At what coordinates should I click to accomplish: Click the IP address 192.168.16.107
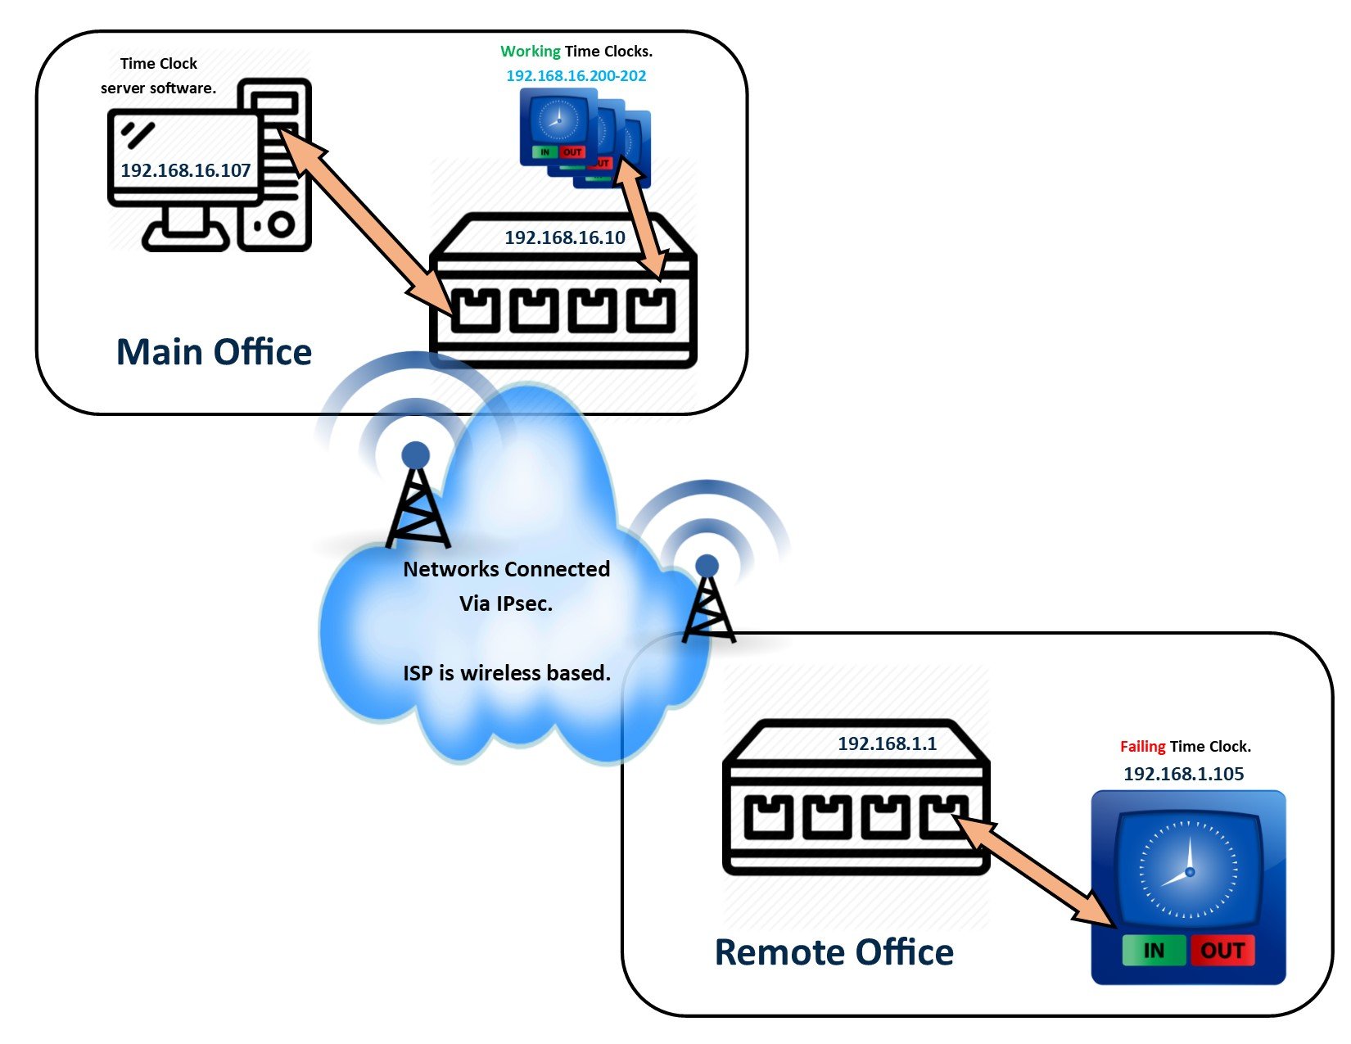click(185, 170)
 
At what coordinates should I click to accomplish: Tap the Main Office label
click(214, 352)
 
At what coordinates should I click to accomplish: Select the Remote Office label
click(834, 952)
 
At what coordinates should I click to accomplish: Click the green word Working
click(531, 51)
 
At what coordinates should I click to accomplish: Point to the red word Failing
click(1142, 746)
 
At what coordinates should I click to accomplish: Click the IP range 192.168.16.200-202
click(576, 76)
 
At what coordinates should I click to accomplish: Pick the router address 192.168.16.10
click(564, 237)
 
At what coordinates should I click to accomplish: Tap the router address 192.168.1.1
click(887, 743)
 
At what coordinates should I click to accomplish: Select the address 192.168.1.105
click(1183, 774)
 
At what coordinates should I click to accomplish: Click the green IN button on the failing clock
click(1153, 950)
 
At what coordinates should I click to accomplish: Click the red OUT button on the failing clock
click(1222, 950)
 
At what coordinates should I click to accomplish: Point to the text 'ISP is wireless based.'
click(506, 673)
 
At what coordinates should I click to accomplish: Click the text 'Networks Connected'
click(506, 569)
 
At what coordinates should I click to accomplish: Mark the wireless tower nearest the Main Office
click(417, 499)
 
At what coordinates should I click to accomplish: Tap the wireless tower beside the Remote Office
click(707, 602)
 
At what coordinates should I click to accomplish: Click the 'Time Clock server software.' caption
click(158, 75)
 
